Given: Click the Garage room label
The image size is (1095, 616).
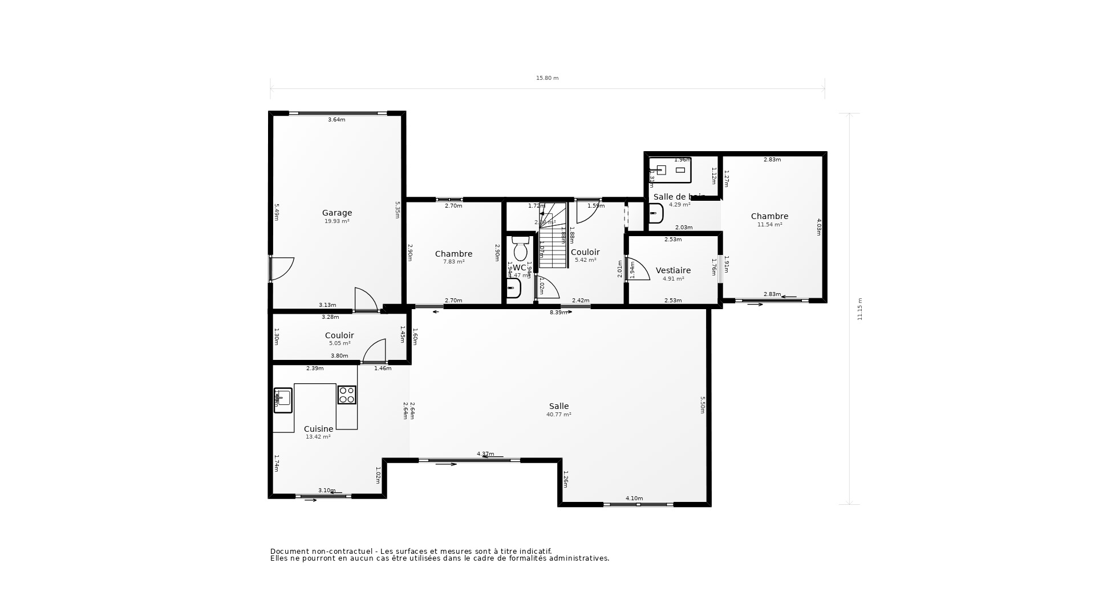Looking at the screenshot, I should pyautogui.click(x=336, y=213).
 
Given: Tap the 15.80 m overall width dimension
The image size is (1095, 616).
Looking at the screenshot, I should pyautogui.click(x=547, y=78).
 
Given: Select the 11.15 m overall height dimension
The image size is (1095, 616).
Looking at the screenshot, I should pyautogui.click(x=860, y=309).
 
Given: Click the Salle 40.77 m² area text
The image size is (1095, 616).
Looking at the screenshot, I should pyautogui.click(x=558, y=415).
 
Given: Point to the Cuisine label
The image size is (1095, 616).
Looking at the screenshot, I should pyautogui.click(x=318, y=429).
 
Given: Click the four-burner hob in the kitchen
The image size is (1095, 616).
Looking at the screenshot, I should pyautogui.click(x=347, y=395).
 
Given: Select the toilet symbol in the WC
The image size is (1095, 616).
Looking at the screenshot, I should pyautogui.click(x=520, y=249).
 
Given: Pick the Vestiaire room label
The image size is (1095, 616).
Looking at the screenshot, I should pyautogui.click(x=673, y=270).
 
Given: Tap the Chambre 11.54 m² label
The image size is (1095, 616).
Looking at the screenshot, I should pyautogui.click(x=769, y=216).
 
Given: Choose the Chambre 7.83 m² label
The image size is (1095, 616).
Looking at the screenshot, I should pyautogui.click(x=453, y=254).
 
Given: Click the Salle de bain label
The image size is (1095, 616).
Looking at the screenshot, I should pyautogui.click(x=679, y=197).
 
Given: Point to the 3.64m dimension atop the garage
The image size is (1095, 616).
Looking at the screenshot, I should pyautogui.click(x=336, y=120).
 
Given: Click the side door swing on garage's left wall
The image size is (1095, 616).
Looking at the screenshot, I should pyautogui.click(x=281, y=269).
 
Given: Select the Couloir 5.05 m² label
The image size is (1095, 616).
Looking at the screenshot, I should pyautogui.click(x=339, y=335).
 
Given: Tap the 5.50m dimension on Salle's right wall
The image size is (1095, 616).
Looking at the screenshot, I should pyautogui.click(x=703, y=405).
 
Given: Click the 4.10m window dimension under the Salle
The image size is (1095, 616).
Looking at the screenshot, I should pyautogui.click(x=634, y=499).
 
